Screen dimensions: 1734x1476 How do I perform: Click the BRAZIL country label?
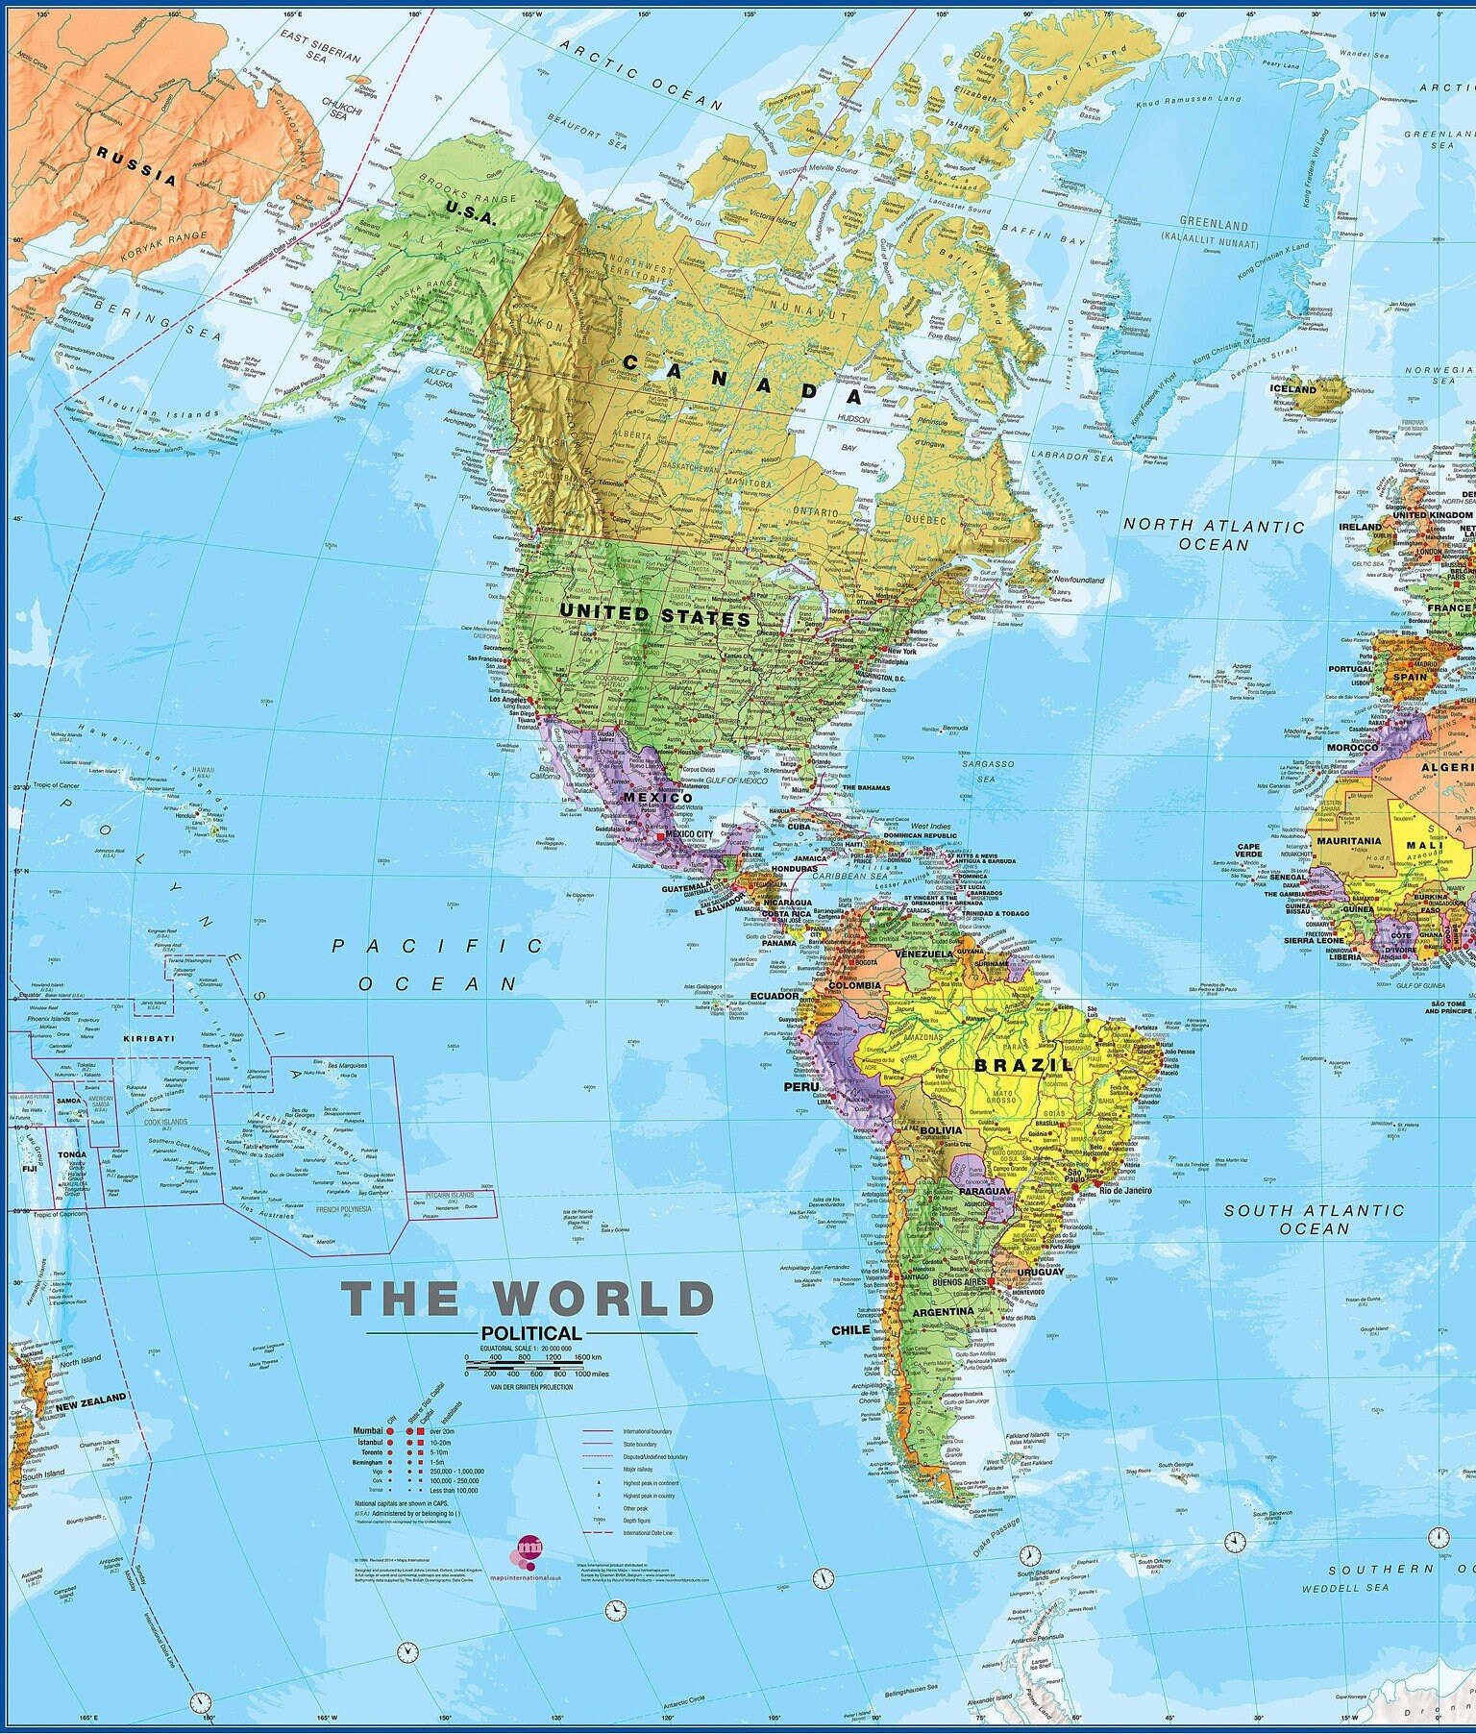tap(1023, 1064)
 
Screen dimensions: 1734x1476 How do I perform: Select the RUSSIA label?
tap(136, 164)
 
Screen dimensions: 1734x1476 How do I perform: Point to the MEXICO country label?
tap(657, 798)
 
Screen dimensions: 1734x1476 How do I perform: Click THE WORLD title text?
tap(529, 1299)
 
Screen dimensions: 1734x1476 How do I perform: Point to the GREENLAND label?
tap(1214, 226)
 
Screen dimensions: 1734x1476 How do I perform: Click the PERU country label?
tap(800, 1086)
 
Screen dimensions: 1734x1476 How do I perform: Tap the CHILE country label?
tap(849, 1330)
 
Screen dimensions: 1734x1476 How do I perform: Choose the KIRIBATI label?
tap(149, 1038)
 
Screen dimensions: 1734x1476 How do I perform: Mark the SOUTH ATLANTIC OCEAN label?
tap(1314, 1219)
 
